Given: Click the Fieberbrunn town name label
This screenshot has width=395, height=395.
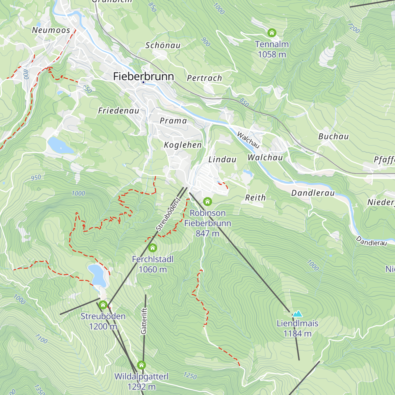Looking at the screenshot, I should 143,76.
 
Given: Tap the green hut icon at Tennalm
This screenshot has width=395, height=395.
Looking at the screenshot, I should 272,33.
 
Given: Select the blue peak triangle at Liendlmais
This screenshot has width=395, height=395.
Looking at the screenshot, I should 298,314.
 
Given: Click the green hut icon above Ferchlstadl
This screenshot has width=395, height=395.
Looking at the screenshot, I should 152,248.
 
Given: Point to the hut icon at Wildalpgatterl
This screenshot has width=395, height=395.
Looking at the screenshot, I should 141,365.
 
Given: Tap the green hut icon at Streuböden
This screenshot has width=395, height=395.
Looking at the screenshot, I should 103,305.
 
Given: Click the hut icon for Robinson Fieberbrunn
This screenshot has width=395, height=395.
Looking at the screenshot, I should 207,201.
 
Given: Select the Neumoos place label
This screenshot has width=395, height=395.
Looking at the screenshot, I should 51,30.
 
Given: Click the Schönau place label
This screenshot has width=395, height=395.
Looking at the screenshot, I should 163,45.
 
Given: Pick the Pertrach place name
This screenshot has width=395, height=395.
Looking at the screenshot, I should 204,78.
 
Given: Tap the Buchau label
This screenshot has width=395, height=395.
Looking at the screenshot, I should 333,137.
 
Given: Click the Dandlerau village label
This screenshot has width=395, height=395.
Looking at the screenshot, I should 313,193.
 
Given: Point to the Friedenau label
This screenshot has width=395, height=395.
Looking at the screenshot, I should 119,111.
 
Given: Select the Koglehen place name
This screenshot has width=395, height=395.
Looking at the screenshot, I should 183,145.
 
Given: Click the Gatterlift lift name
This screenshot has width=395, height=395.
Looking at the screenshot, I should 144,321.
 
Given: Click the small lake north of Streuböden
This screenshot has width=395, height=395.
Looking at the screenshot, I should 97,274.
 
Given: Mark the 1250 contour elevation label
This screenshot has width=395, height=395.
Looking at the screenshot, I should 190,376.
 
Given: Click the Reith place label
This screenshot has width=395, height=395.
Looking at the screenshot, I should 255,198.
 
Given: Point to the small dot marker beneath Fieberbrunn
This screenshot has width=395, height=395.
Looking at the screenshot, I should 143,82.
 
